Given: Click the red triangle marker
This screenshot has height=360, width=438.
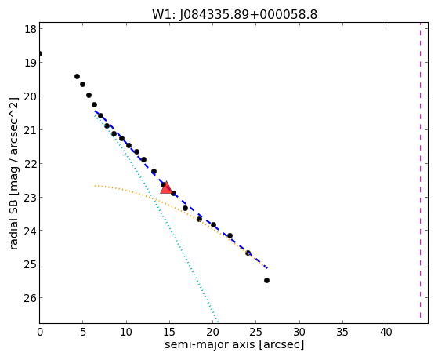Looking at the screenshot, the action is (166, 188).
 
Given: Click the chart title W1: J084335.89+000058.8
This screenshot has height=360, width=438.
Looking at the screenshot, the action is (234, 15).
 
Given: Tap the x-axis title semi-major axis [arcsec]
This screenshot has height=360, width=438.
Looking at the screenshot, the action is (234, 344).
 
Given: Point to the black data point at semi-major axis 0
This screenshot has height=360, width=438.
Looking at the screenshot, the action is (40, 53).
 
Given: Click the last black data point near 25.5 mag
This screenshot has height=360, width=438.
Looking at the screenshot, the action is (266, 280).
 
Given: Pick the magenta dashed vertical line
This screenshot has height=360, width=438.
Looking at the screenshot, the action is (420, 170).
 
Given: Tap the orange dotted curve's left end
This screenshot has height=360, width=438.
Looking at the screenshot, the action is (95, 186).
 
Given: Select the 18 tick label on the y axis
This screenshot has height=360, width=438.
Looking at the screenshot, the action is (31, 29).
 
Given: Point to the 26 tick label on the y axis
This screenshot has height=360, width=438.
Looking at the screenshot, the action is (31, 297).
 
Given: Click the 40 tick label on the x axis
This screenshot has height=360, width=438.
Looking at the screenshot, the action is (386, 332).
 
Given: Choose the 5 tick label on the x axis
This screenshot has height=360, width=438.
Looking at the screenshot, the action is (83, 332).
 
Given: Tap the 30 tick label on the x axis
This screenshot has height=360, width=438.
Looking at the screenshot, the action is (299, 332).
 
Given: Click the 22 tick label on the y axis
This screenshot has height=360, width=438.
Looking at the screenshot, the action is (31, 163).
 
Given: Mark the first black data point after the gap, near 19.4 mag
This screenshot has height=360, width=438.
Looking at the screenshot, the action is (77, 76).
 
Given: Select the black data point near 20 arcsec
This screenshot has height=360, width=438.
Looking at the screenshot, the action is (213, 224).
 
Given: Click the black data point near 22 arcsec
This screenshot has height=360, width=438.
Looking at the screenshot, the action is (230, 236).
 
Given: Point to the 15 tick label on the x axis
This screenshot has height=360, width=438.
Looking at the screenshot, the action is (169, 332).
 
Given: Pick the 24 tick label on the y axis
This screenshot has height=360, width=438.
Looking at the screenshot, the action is (31, 231).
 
